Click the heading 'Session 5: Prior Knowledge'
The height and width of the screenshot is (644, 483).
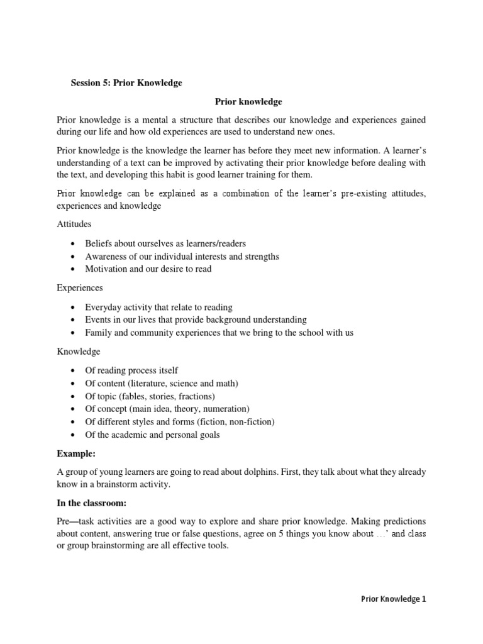click(126, 83)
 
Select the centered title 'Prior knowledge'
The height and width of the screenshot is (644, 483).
click(248, 101)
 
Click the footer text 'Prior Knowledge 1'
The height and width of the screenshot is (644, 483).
click(394, 599)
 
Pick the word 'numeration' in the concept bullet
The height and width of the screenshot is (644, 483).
click(226, 409)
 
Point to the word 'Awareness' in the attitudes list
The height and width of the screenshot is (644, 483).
click(106, 256)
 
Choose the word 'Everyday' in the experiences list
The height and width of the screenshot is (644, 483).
click(103, 307)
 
